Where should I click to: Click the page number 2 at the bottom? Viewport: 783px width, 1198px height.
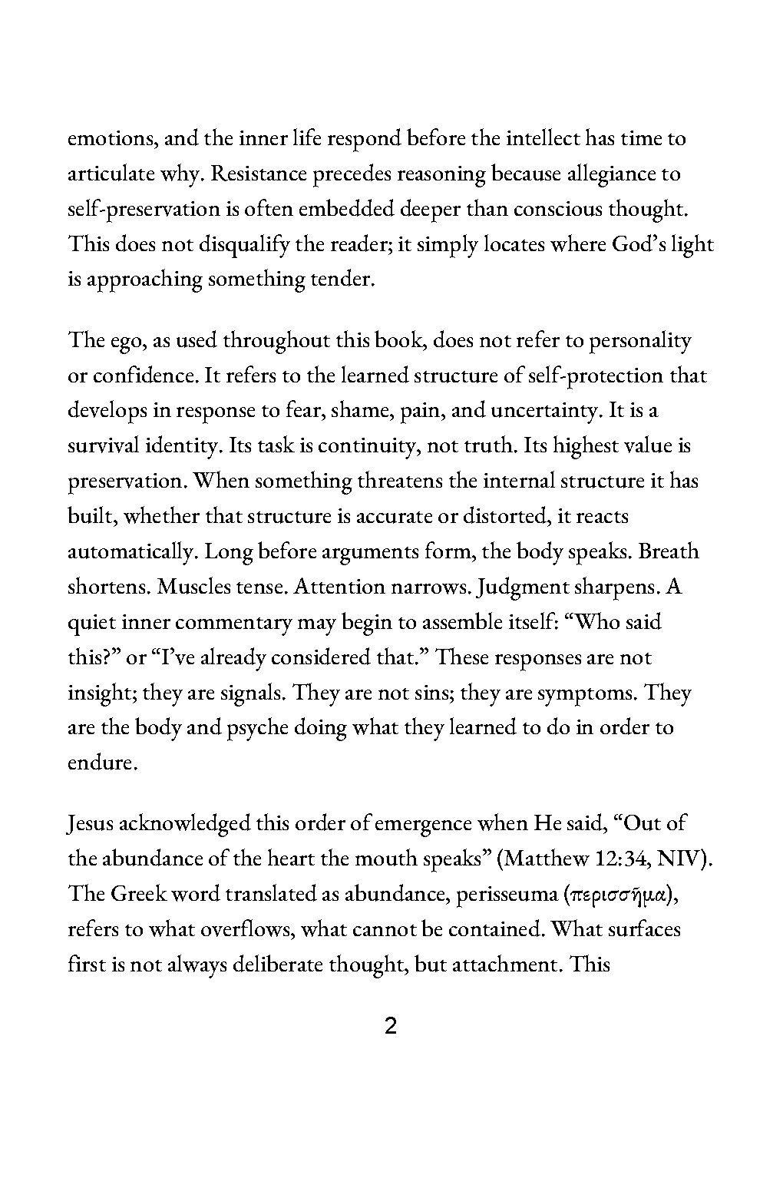[390, 1026]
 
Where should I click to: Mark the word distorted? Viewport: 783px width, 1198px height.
[505, 517]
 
